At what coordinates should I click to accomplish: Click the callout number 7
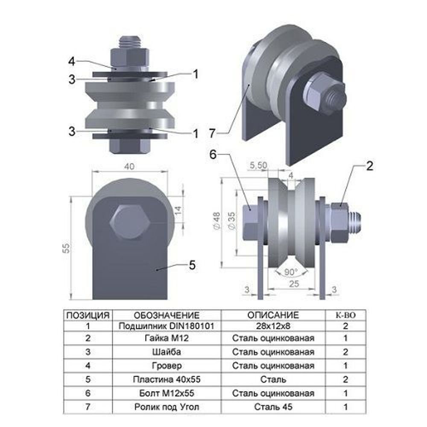coord(212,133)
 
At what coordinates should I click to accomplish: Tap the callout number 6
coord(213,155)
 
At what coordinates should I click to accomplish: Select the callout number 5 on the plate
coord(192,265)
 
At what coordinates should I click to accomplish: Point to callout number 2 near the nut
coord(369,166)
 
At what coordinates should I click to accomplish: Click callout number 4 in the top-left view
coord(71,61)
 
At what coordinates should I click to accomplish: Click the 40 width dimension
coord(129,167)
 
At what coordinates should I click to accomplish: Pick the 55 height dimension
coord(66,248)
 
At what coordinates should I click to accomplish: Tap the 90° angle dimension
coord(291,272)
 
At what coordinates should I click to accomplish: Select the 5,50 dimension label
coord(258,165)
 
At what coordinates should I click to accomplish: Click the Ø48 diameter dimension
coord(217,221)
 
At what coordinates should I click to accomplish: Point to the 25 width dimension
coord(294,284)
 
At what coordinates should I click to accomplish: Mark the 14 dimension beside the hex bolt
coord(178,210)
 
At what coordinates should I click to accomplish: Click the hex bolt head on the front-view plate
coord(130,222)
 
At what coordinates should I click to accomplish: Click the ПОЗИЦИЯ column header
coord(88,316)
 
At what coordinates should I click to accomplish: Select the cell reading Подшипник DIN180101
coord(167,326)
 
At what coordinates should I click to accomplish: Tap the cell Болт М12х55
coord(167,393)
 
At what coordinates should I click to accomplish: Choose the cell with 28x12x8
coord(273,326)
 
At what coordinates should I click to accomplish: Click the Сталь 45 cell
coord(273,407)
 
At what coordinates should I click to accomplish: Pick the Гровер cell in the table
coord(167,366)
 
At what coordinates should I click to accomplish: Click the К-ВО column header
coord(345,316)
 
